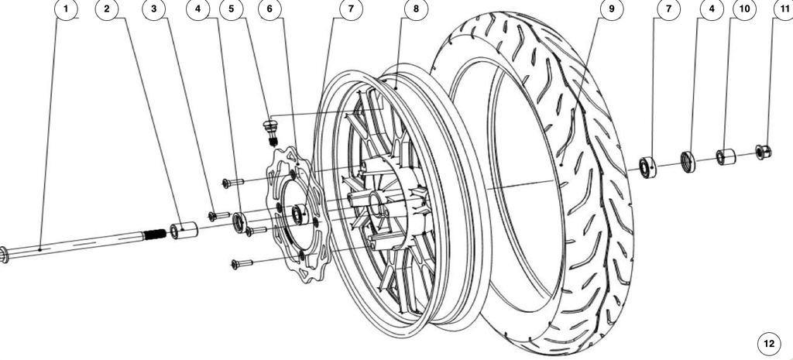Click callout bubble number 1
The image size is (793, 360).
click(x=65, y=9)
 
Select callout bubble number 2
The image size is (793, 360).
click(x=107, y=9)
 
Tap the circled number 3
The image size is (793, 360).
click(x=154, y=9)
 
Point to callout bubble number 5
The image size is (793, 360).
click(x=232, y=9)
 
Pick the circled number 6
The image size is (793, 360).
click(x=269, y=9)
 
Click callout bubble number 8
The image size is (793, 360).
click(x=416, y=9)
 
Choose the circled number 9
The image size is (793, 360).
click(x=612, y=9)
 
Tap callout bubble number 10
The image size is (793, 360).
click(x=744, y=9)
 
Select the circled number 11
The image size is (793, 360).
click(x=784, y=9)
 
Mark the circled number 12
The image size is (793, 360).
click(x=769, y=344)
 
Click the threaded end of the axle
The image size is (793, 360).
click(x=155, y=234)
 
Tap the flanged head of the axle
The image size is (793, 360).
click(x=4, y=255)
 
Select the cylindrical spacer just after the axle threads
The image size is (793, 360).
click(x=182, y=230)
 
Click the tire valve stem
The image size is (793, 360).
click(x=271, y=131)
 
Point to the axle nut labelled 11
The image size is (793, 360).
click(x=763, y=151)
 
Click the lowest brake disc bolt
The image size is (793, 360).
click(x=242, y=263)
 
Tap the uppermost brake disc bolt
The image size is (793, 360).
click(x=233, y=182)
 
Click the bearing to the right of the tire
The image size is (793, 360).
click(x=648, y=167)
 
